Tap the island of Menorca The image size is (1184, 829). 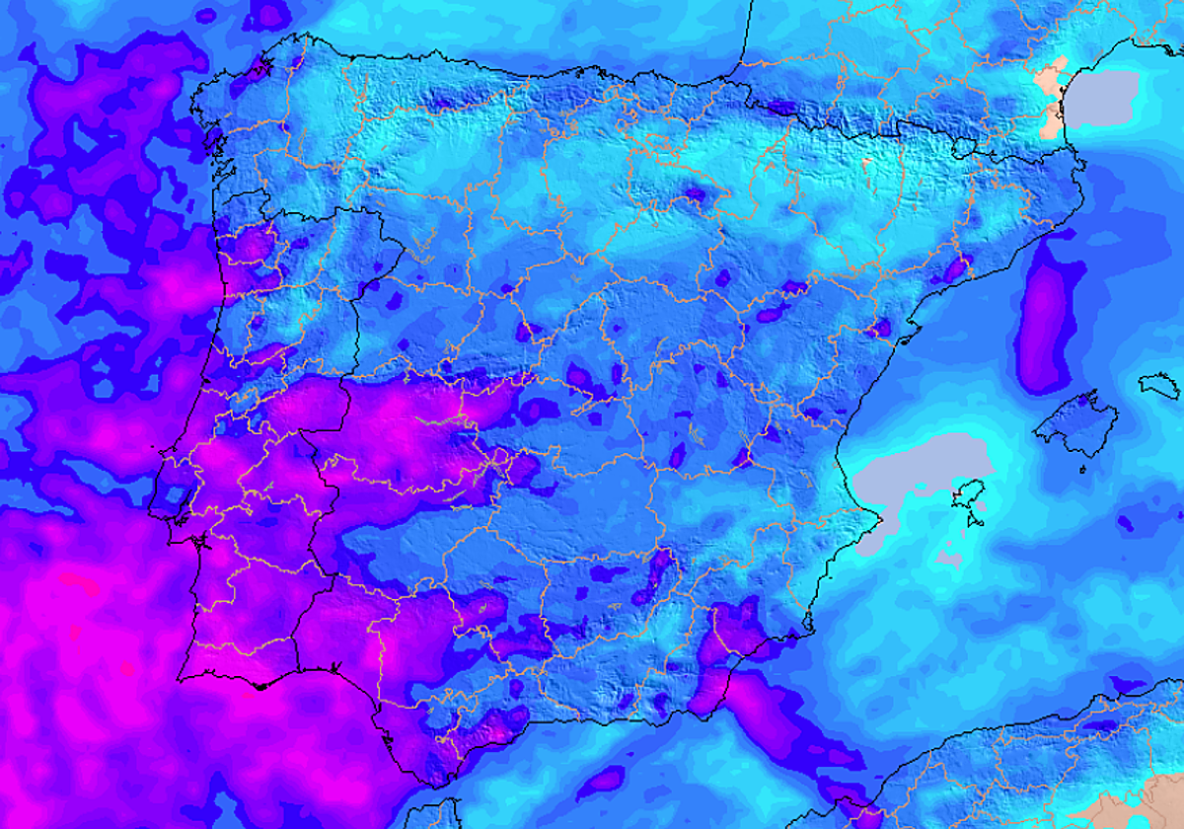pos(1160,384)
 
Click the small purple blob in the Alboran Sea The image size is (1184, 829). pos(602,785)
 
